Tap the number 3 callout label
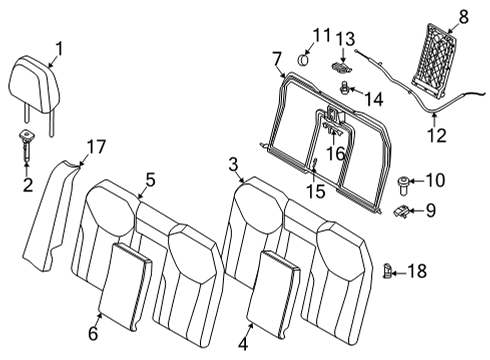pyautogui.click(x=232, y=164)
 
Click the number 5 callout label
pyautogui.click(x=150, y=180)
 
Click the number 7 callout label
pyautogui.click(x=276, y=59)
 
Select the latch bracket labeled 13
pyautogui.click(x=343, y=67)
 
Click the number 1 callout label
pyautogui.click(x=58, y=47)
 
